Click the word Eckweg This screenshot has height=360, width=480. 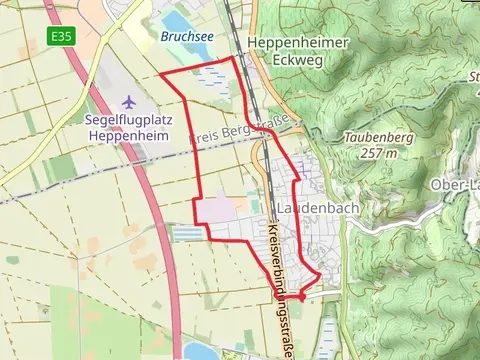point(298,58)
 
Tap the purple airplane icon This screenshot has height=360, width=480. point(128,101)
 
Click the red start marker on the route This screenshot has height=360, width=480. point(301,297)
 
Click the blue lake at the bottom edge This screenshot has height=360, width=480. point(200,351)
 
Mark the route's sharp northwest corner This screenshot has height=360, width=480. point(161,75)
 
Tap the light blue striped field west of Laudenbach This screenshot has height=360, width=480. point(187,233)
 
